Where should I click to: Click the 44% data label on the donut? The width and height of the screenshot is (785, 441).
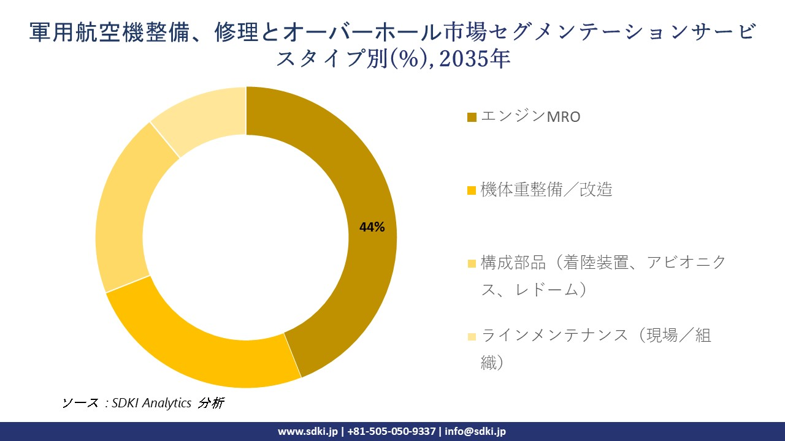coord(372,227)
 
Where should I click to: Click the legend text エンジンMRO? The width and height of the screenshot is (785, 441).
coord(530,116)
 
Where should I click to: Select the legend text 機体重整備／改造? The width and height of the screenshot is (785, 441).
coord(546,190)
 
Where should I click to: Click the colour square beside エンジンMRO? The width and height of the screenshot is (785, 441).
coord(472,117)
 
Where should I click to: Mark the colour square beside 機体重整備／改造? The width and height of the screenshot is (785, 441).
coord(472,190)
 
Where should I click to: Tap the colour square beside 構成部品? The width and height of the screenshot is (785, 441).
coord(472,264)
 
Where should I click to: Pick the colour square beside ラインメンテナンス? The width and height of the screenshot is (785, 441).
coord(472,336)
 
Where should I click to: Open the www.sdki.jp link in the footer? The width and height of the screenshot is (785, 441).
coord(307,431)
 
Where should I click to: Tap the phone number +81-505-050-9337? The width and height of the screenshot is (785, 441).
coord(391,431)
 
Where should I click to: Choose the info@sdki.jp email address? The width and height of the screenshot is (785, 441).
coord(475,431)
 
